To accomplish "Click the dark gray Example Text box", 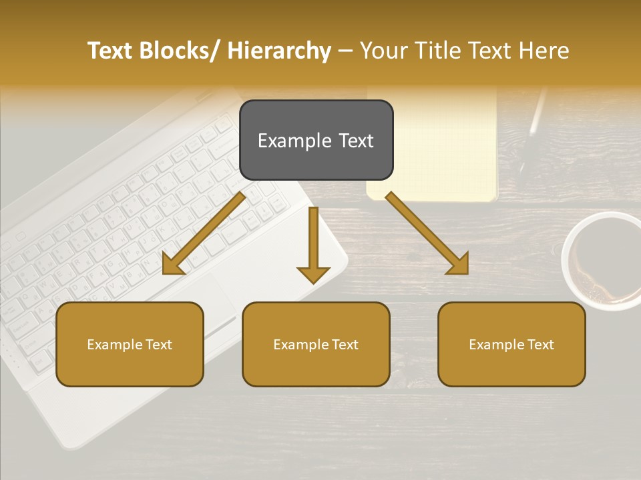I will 316,140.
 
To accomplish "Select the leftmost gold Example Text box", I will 130,344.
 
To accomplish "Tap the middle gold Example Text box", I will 316,344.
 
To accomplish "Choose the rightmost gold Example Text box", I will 511,344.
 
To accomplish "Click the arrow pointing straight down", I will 313,246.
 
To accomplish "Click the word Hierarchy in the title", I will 280,51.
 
